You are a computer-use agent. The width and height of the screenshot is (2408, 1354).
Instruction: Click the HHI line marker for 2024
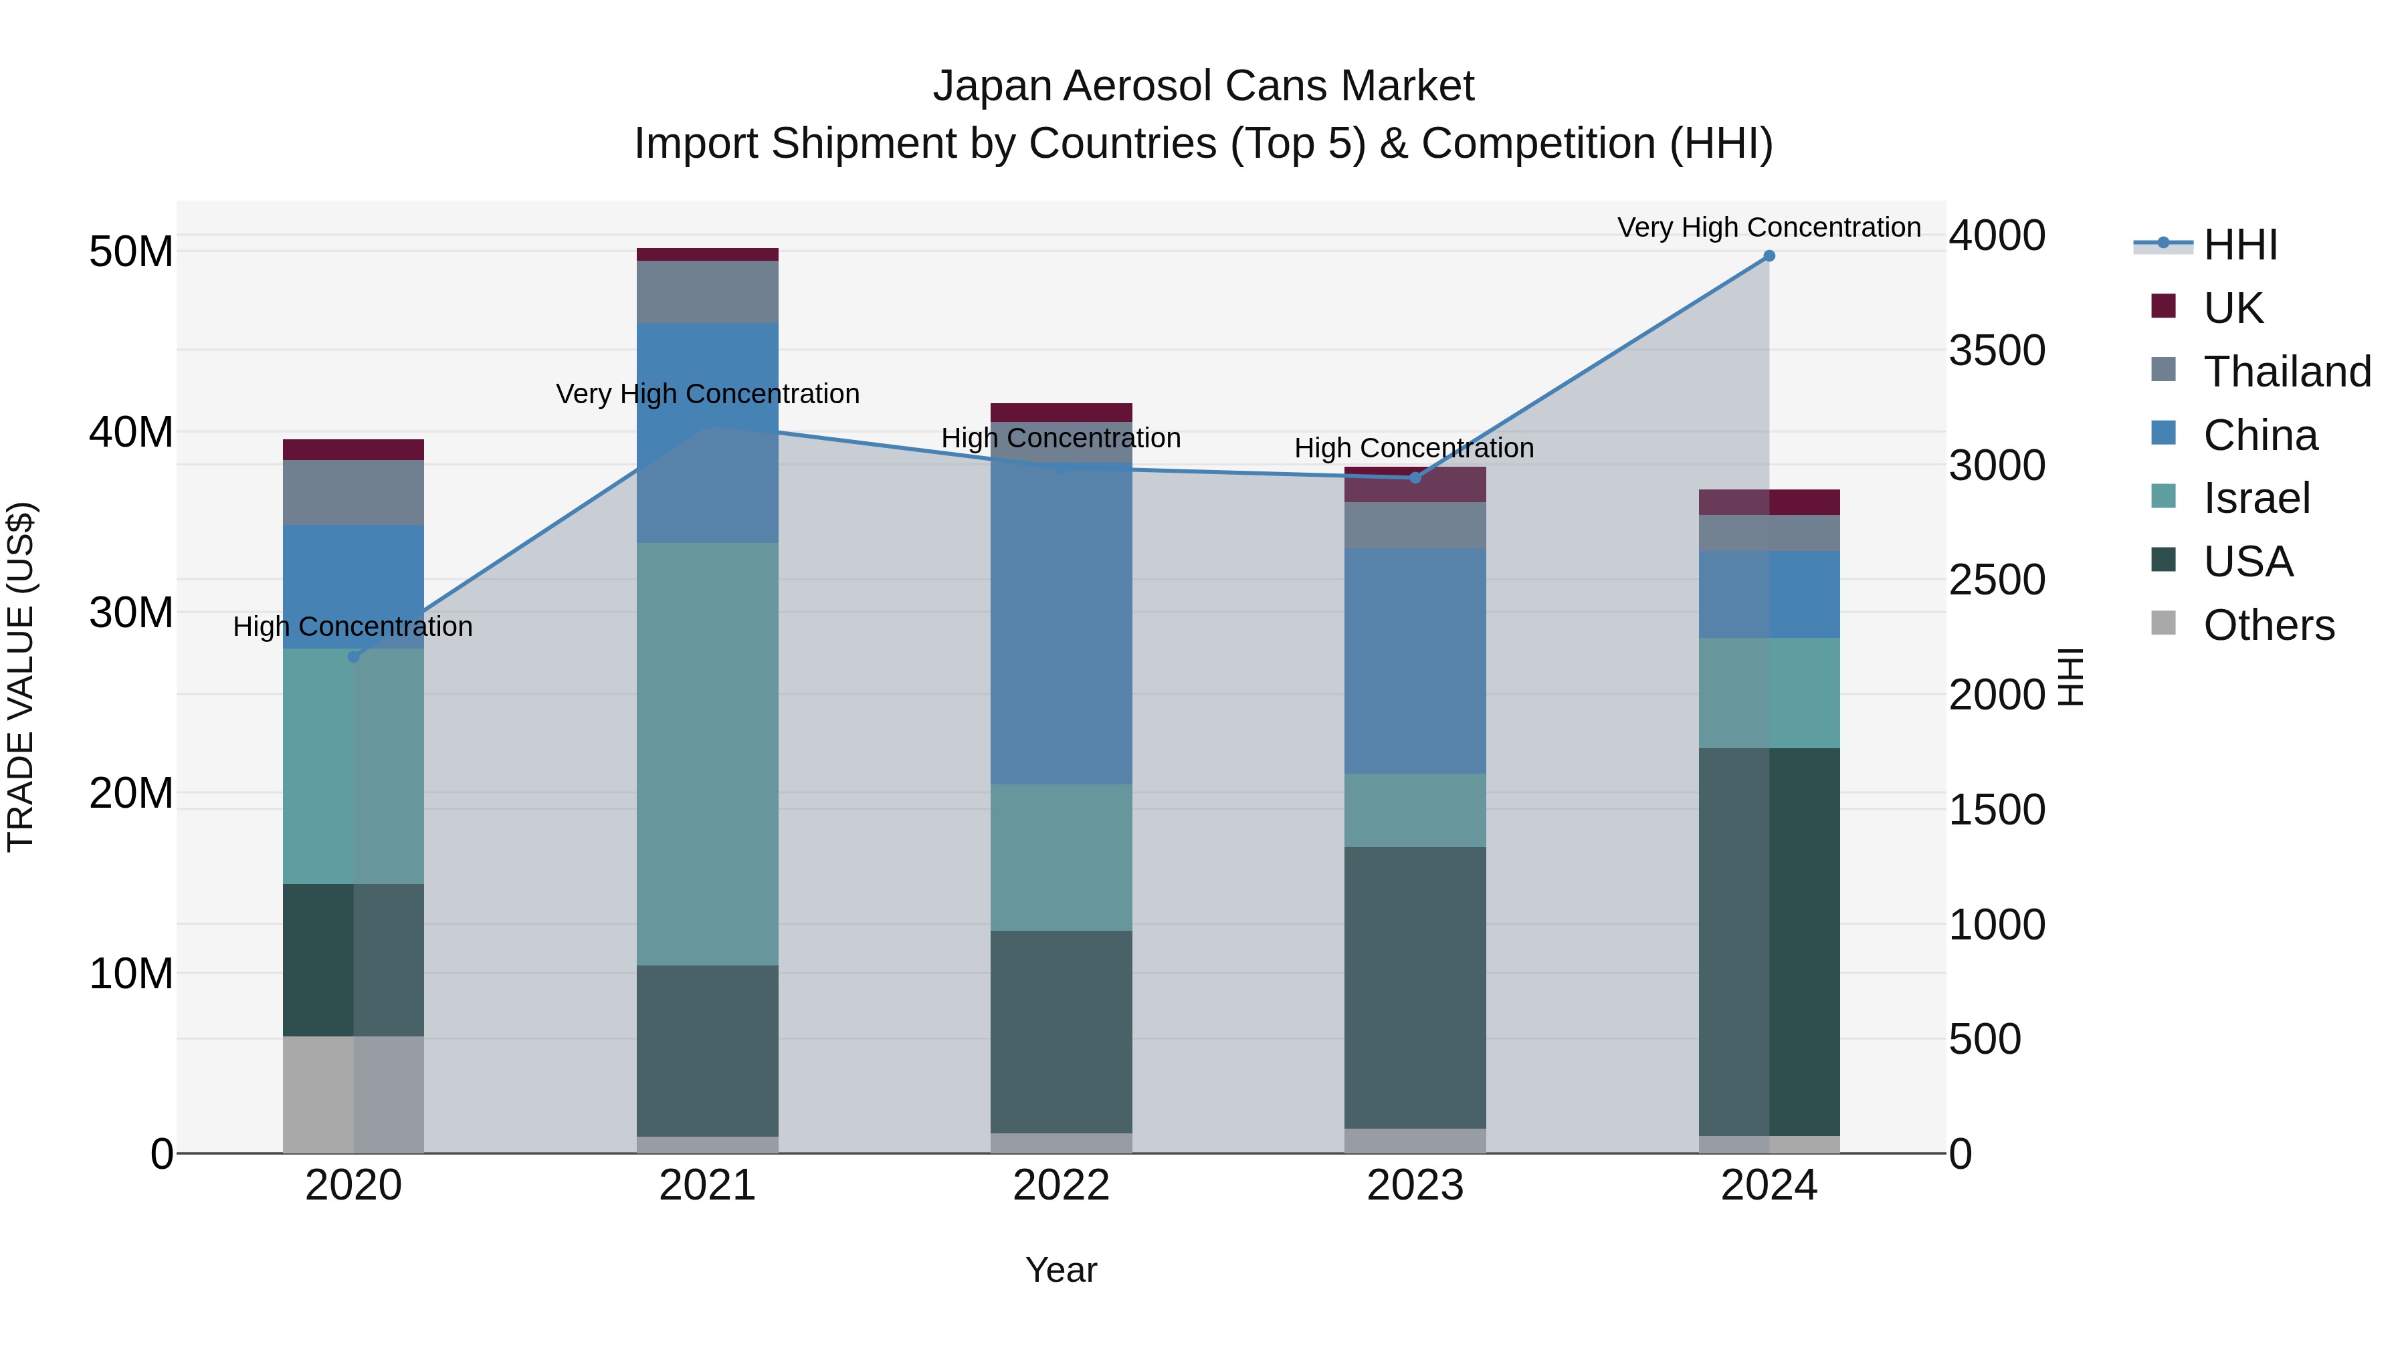pos(1769,256)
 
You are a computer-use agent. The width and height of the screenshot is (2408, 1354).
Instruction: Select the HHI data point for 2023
pos(1414,477)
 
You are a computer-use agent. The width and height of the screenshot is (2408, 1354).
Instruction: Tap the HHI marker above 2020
pos(353,657)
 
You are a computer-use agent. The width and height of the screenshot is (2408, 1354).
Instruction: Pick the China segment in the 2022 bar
pos(1061,623)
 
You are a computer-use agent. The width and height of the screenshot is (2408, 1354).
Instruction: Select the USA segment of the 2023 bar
pos(1414,987)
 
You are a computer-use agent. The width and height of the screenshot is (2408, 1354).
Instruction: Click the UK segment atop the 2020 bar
pos(353,449)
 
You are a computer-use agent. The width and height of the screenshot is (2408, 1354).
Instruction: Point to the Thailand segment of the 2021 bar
pos(708,292)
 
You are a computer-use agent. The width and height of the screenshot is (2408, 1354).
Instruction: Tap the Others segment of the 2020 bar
pos(353,1094)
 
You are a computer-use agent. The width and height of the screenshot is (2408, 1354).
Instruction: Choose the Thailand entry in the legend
pos(2286,371)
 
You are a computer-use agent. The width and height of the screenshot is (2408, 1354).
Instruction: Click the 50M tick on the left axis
pos(131,251)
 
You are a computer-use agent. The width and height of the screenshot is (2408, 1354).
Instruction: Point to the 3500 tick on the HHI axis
pos(1997,350)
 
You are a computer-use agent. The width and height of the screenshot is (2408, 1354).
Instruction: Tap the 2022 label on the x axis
pos(1061,1186)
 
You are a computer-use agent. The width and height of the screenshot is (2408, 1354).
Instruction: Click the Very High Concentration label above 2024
pos(1769,227)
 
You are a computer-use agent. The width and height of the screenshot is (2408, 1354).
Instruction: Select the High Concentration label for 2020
pos(353,626)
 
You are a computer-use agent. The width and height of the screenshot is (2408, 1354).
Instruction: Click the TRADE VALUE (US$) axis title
pos(21,677)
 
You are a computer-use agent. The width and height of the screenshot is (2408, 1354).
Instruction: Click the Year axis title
pos(1061,1270)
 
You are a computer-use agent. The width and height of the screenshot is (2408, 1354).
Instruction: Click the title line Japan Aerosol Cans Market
pos(1203,86)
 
